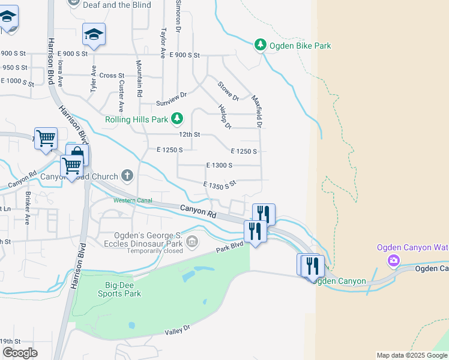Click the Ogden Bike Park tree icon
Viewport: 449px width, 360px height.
point(260,45)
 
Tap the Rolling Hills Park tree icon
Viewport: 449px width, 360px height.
point(177,119)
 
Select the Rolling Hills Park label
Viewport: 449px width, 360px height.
point(137,119)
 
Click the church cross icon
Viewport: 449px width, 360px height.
point(127,176)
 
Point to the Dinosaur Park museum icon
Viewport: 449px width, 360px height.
point(192,242)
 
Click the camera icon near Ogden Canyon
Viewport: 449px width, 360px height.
point(394,260)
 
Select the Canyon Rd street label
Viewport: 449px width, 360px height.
point(198,211)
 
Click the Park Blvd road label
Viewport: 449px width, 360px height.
point(230,247)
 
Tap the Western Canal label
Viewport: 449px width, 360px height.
point(132,200)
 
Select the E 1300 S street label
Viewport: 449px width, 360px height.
point(219,165)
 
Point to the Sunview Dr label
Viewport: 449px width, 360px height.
point(172,95)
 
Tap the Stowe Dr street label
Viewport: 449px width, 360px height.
point(228,91)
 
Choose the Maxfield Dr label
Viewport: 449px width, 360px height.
point(257,112)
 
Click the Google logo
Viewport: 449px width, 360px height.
point(20,353)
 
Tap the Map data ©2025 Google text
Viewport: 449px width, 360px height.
point(412,355)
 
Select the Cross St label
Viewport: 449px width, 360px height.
point(112,75)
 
